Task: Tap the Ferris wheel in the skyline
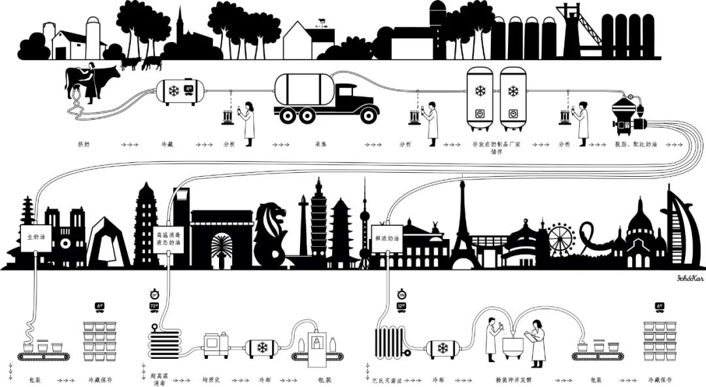coord(560,239)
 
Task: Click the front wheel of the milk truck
coord(368,115)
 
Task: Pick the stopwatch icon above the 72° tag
coord(154,293)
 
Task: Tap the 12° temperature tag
coord(401,306)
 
